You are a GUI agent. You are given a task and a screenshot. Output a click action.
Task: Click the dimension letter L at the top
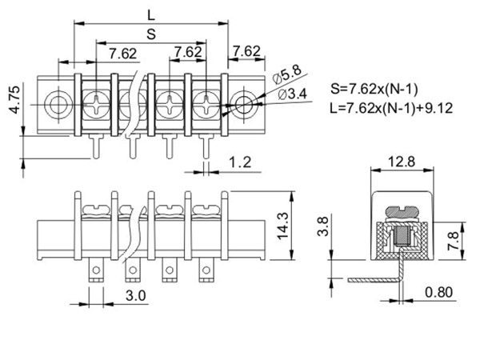pos(151,15)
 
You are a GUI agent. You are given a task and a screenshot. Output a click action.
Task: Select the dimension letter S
pos(151,34)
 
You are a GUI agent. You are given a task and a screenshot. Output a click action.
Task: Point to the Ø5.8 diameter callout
pos(287,74)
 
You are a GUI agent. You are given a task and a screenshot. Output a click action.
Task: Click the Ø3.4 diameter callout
pos(292,94)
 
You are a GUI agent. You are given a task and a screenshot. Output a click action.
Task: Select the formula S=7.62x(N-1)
pos(374,89)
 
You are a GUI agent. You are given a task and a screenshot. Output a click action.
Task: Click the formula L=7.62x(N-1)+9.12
pos(391,108)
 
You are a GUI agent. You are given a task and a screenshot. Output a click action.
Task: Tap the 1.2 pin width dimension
pos(240,162)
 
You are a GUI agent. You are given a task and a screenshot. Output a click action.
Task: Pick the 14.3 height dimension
pos(282,226)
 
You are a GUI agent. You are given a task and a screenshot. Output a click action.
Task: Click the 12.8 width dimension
pos(402,162)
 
